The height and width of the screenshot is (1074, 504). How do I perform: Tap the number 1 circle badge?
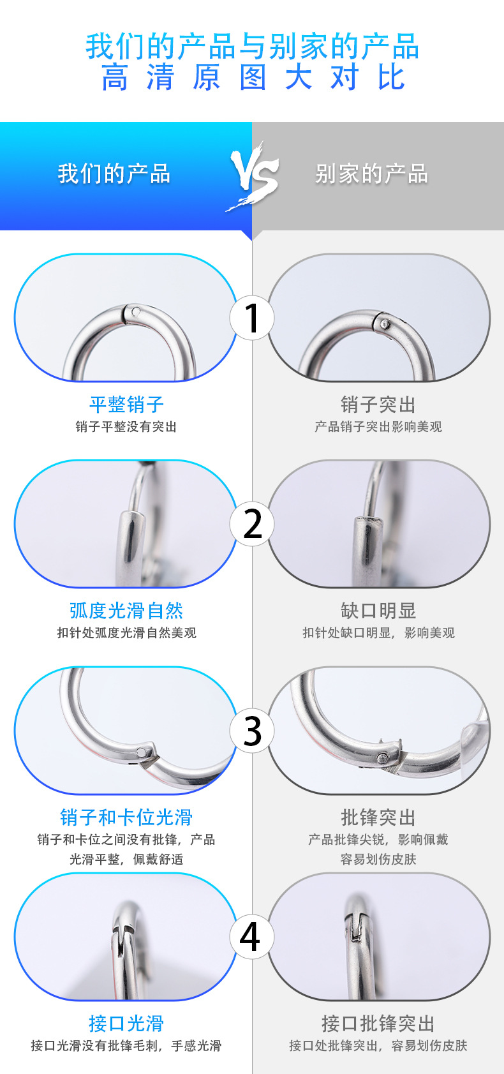pos(252,318)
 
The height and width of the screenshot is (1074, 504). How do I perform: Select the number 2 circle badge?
pos(252,524)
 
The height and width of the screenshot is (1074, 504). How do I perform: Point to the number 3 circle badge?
pos(252,731)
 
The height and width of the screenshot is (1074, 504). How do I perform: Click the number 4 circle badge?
pos(250,937)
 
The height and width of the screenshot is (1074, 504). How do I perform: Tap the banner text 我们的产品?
pos(114,174)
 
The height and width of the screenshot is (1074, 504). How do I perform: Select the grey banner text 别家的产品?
pos(371,174)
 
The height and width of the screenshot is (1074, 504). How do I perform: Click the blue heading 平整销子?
pos(126,404)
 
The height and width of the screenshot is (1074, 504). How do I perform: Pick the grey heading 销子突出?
pos(378,404)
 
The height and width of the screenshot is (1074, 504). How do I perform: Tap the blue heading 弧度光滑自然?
pos(126,611)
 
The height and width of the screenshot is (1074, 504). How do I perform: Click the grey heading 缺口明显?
pos(378,611)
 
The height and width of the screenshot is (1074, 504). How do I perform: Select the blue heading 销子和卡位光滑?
pos(126,817)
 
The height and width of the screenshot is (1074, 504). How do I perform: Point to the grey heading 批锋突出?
pos(378,817)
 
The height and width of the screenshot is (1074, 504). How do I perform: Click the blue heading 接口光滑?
pos(126,1024)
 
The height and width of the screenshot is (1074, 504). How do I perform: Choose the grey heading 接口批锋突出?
pos(378,1024)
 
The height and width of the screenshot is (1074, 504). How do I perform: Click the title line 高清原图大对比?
pos(253,78)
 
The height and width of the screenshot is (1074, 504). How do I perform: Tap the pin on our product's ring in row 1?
pos(135,312)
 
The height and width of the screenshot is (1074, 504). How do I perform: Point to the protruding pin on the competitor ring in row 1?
pos(384,324)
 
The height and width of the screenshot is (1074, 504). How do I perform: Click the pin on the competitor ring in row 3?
pos(382,757)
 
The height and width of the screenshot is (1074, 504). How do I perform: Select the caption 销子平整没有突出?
pos(126,427)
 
